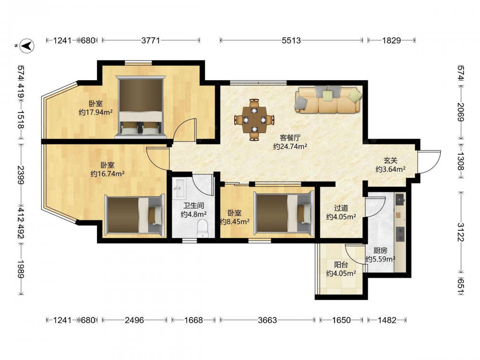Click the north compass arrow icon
[x=27, y=46]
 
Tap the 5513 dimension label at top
[x=291, y=40]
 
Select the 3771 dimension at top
[x=151, y=40]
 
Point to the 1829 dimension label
[x=391, y=40]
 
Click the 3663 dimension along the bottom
[x=267, y=320]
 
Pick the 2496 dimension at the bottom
[x=134, y=320]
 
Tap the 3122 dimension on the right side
[x=461, y=232]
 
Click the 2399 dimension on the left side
[x=21, y=175]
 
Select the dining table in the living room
[x=254, y=120]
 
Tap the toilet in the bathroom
[x=202, y=228]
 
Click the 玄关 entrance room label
[x=391, y=160]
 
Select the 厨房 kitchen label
[x=380, y=251]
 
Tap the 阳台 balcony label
[x=341, y=264]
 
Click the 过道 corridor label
[x=341, y=208]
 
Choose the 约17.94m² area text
[x=96, y=112]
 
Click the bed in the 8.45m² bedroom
[x=284, y=214]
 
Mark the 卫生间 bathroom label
[x=193, y=205]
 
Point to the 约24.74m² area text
[x=290, y=146]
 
